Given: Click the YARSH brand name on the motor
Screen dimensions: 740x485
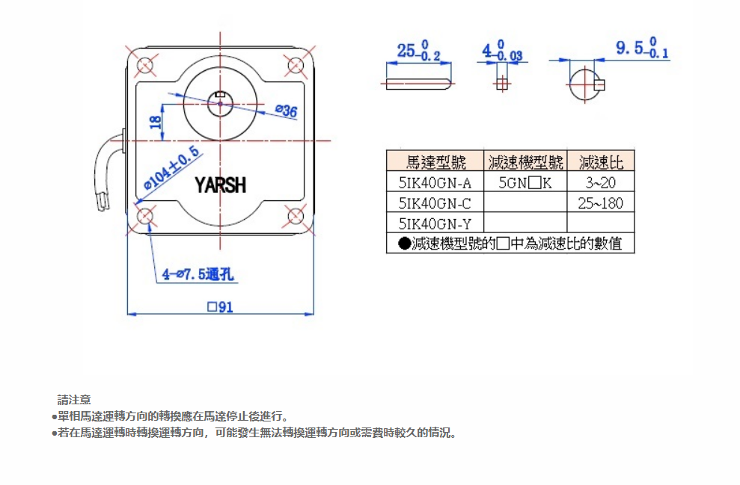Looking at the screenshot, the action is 221,185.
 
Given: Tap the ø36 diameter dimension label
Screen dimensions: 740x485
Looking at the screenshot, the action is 287,111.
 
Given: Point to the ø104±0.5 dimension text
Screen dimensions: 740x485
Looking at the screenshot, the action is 171,167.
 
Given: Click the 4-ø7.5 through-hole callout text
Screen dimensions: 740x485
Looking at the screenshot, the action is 198,274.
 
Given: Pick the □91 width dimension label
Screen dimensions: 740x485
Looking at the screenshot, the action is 220,307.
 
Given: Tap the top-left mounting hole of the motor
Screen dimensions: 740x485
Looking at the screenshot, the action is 146,64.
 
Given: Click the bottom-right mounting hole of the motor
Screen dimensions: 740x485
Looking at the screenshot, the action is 296,216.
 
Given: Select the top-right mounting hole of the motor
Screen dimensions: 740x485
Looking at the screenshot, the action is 296,64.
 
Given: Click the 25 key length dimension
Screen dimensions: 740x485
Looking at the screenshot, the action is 418,50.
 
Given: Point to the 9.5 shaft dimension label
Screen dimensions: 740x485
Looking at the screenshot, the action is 642,48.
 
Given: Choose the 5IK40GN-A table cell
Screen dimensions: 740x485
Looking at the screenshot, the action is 435,182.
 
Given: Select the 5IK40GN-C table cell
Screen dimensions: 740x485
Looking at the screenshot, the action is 435,203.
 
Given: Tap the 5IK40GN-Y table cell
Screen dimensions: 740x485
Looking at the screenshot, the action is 435,223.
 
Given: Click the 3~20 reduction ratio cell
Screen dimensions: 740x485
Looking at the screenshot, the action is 600,182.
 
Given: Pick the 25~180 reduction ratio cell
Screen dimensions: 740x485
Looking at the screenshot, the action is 600,203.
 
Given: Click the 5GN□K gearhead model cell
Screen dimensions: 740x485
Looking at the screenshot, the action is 525,182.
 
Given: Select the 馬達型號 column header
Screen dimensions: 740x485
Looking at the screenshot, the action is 435,161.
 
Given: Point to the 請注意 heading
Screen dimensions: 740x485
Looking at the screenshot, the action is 74,400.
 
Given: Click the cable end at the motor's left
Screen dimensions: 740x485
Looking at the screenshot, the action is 103,203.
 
